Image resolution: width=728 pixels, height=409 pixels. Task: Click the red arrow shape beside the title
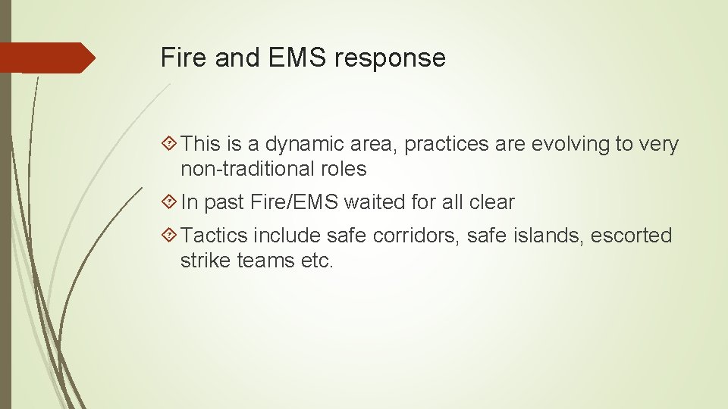[x=47, y=58]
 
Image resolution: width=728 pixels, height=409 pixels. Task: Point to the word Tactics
[x=215, y=236]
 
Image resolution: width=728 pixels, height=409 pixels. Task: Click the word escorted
[x=631, y=236]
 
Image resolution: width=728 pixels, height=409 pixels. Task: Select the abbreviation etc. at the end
[x=315, y=260]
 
